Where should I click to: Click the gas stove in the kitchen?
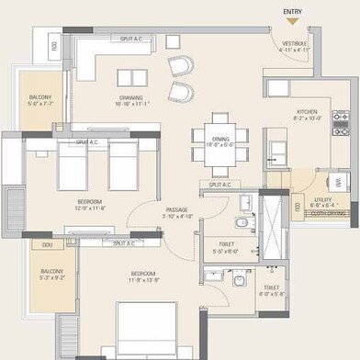340,121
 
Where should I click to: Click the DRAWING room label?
129,97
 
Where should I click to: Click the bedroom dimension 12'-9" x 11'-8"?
89,208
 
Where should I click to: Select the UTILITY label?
324,199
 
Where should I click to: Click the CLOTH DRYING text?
328,213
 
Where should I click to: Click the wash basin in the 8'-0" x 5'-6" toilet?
212,275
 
